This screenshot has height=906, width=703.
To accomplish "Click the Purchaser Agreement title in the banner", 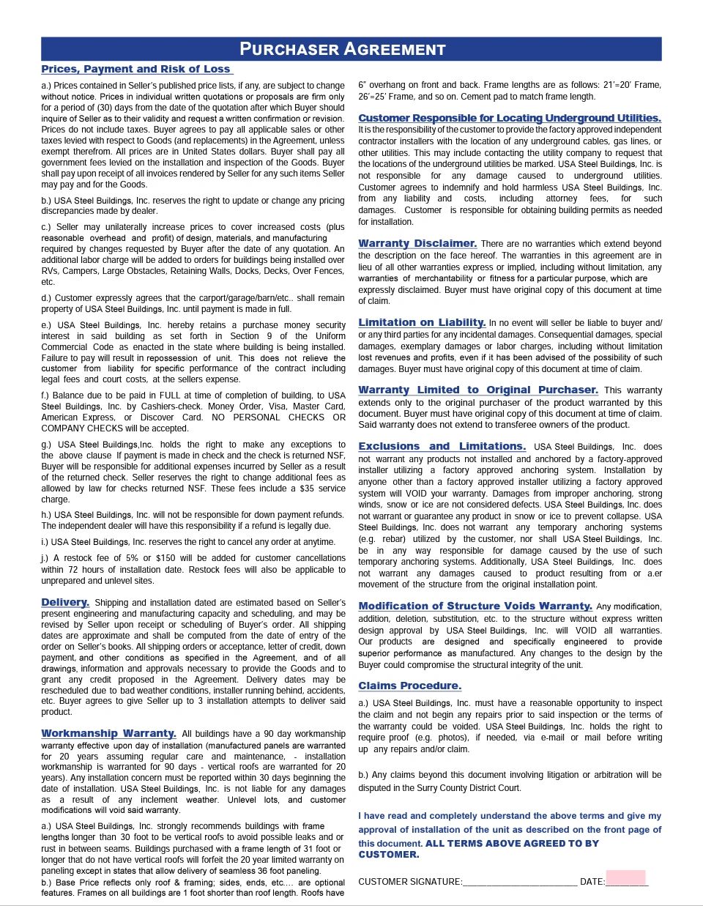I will click(343, 50).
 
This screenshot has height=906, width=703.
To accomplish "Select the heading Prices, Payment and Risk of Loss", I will click(136, 69).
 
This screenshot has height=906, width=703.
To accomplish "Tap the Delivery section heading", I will click(65, 602).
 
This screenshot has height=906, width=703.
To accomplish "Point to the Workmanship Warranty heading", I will click(108, 733).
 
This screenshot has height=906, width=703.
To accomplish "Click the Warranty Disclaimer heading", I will click(417, 243).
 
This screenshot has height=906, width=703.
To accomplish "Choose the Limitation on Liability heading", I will click(422, 322).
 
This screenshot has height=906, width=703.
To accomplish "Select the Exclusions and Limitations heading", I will click(442, 446).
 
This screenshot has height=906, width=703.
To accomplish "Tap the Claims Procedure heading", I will click(409, 686).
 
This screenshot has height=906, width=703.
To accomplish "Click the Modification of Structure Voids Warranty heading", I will click(475, 606).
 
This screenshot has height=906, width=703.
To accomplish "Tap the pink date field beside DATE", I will click(625, 879).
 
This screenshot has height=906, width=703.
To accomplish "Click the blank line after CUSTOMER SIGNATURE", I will click(520, 882).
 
